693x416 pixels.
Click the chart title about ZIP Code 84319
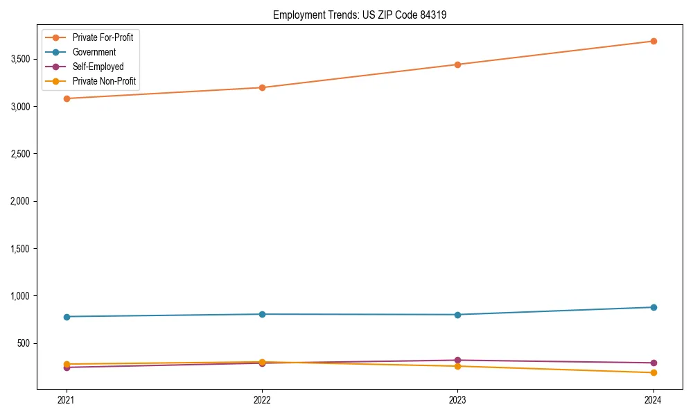point(355,15)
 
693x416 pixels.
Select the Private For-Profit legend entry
point(103,37)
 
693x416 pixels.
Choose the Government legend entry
point(94,52)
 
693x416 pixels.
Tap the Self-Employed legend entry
point(98,67)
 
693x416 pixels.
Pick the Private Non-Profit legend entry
point(104,82)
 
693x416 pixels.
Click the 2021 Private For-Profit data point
point(67,98)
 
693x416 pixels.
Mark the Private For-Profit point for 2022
point(262,87)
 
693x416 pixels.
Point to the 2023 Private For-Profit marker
point(457,64)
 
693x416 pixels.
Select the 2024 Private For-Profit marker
point(653,41)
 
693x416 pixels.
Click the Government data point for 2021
point(67,317)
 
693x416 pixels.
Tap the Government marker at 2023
point(457,315)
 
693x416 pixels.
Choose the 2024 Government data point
point(653,307)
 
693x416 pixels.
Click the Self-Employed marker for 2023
point(457,361)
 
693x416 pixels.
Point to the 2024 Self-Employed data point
point(653,363)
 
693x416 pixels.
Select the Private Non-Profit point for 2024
point(653,373)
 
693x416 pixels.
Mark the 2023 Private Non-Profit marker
point(457,366)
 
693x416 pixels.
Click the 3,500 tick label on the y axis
point(19,59)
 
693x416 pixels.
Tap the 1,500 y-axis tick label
point(19,248)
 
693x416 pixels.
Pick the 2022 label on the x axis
point(262,400)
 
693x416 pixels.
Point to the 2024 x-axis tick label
point(653,400)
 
